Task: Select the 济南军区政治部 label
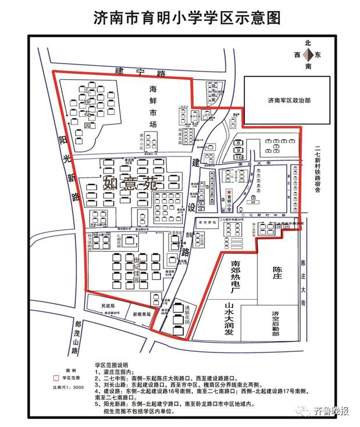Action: (x=289, y=99)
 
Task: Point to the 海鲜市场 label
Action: (x=154, y=107)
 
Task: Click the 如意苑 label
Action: (x=130, y=184)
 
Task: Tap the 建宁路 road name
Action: (x=140, y=73)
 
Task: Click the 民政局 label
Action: (x=108, y=305)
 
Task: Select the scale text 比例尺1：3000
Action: (x=70, y=386)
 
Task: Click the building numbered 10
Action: (x=238, y=157)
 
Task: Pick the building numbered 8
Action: (x=238, y=143)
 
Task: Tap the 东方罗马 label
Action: (x=205, y=222)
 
